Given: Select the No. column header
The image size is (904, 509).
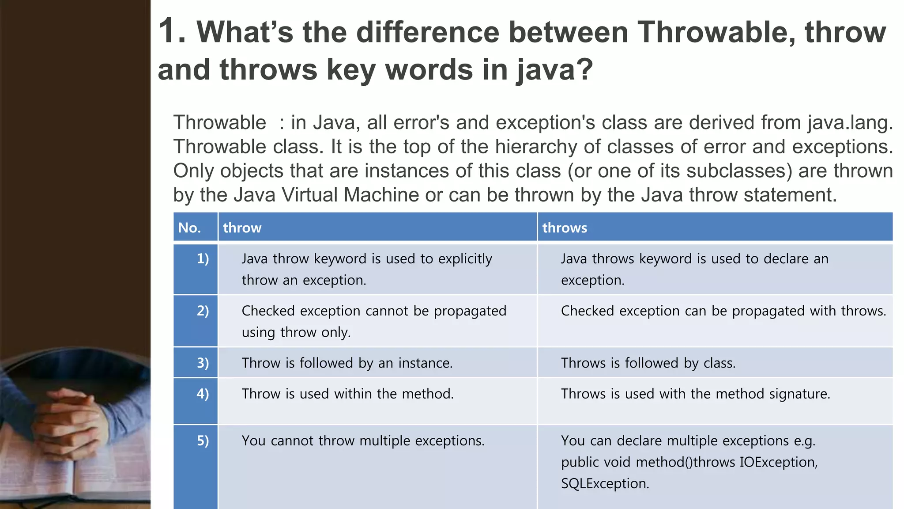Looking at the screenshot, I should click(x=190, y=228).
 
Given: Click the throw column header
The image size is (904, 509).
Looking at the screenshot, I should click(x=242, y=228).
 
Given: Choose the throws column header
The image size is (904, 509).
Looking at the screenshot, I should click(x=565, y=228).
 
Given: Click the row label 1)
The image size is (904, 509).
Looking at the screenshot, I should click(x=203, y=258).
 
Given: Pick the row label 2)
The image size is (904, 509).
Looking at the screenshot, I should click(x=203, y=311).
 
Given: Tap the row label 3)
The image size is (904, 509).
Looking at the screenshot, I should click(x=203, y=363).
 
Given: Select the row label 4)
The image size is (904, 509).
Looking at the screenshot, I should click(x=203, y=393).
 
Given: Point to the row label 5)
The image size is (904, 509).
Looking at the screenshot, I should click(x=203, y=441).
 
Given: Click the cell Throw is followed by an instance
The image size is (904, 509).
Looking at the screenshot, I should click(x=347, y=363).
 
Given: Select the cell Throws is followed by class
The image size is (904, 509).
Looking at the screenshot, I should click(x=648, y=363).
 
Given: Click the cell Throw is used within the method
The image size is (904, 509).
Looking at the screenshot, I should click(x=347, y=394).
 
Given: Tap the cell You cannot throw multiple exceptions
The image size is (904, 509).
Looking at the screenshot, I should click(x=363, y=441).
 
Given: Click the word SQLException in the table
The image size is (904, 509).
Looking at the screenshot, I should click(x=605, y=483).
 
